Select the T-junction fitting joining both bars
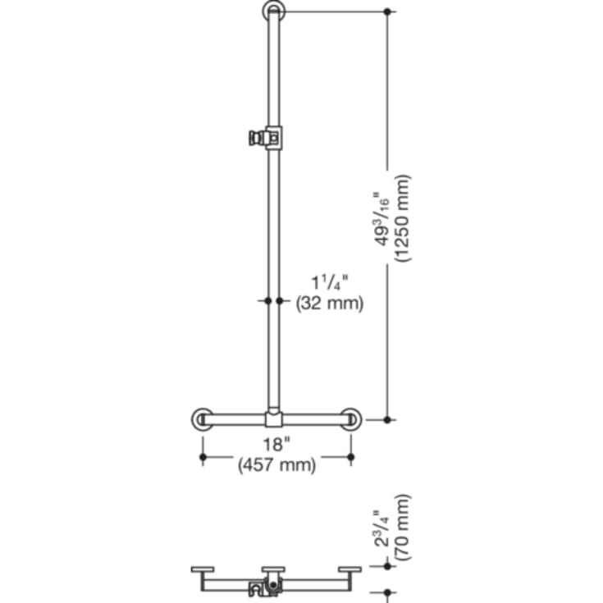point(274,419)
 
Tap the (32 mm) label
point(329,303)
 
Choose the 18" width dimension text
point(277,445)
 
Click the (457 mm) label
point(277,465)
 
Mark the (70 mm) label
point(401,527)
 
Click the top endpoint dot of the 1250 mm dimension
point(389,11)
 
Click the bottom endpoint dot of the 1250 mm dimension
point(389,419)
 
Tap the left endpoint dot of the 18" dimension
point(202,456)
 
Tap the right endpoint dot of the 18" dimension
point(351,456)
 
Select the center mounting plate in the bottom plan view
point(274,569)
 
